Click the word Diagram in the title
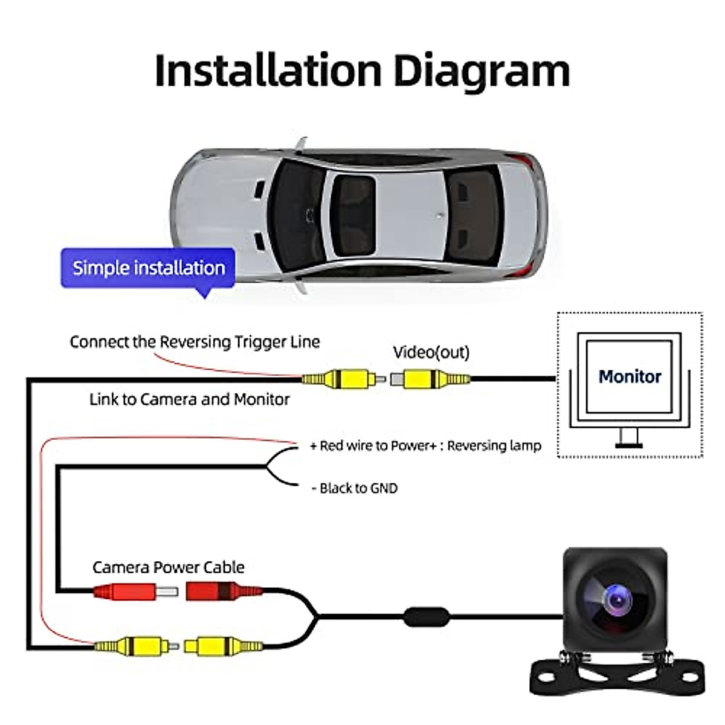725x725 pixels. [x=482, y=71]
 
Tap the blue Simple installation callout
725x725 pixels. [x=148, y=268]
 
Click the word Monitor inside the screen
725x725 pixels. [x=630, y=376]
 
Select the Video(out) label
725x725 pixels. [x=431, y=352]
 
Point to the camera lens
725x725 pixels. [x=617, y=599]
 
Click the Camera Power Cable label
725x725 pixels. [x=169, y=567]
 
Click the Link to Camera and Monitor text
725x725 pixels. [x=189, y=399]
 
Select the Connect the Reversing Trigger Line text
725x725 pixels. [x=195, y=342]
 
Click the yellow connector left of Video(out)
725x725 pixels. [x=342, y=379]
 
